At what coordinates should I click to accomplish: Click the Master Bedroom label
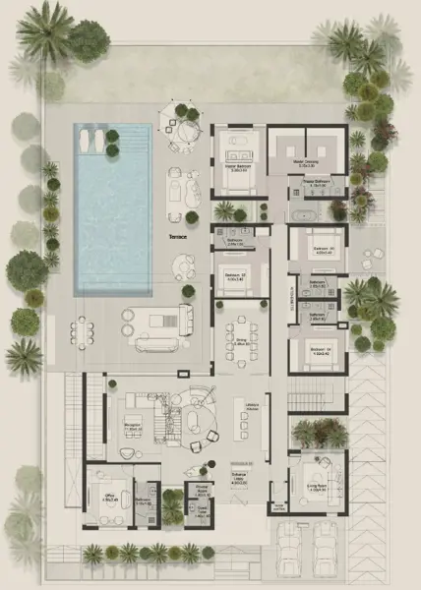pos(236,169)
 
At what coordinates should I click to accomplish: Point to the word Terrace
pos(178,237)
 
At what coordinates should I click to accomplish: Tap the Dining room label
pos(239,340)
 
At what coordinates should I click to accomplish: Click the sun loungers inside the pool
pos(95,140)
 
